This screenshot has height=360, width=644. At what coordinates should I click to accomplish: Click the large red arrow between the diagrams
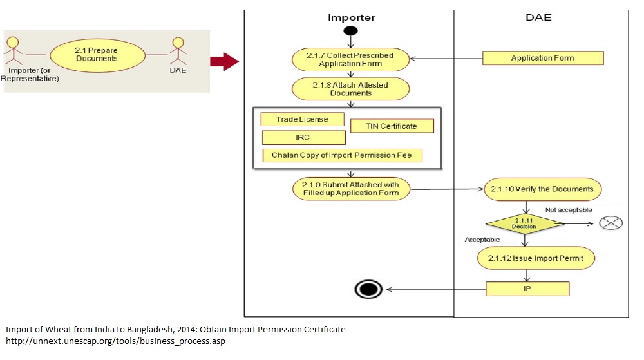click(x=224, y=62)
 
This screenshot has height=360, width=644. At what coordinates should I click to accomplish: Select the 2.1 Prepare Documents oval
click(x=96, y=54)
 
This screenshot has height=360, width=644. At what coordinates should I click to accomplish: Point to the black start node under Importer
click(x=350, y=31)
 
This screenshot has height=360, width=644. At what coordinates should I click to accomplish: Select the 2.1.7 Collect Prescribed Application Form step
click(x=351, y=60)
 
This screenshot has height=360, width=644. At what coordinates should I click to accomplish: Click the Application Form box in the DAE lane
click(x=543, y=58)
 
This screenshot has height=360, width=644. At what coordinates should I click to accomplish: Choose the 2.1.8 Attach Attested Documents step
click(x=351, y=89)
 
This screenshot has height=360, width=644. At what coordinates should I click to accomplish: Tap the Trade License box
click(x=302, y=119)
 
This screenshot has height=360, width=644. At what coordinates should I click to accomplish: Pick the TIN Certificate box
click(x=392, y=126)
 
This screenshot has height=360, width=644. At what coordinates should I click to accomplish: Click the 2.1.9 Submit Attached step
click(x=351, y=189)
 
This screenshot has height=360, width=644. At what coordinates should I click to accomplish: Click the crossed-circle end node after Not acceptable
click(x=610, y=223)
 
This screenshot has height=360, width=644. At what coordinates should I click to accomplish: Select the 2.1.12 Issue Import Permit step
click(x=536, y=258)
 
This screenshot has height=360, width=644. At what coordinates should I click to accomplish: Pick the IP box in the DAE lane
click(x=527, y=289)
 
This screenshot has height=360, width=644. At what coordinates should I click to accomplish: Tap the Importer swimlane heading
click(x=351, y=18)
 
